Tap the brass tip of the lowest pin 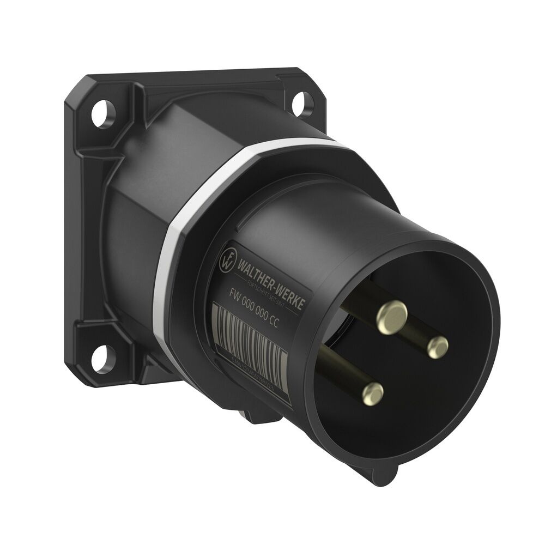(x=373, y=391)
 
